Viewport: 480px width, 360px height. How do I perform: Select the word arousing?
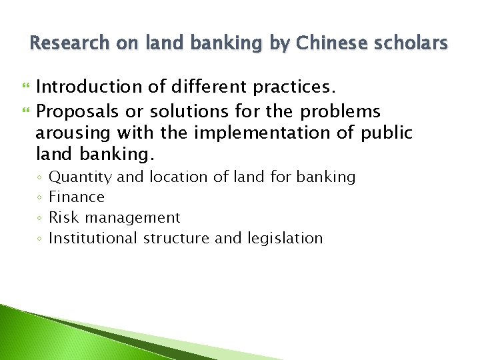pos(73,133)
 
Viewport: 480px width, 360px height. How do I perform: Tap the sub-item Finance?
pos(77,197)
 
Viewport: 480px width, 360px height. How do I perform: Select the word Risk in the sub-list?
pos(62,217)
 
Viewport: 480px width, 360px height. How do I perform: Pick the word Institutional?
pos(93,238)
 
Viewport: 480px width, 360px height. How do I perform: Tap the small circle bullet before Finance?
pos(40,197)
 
